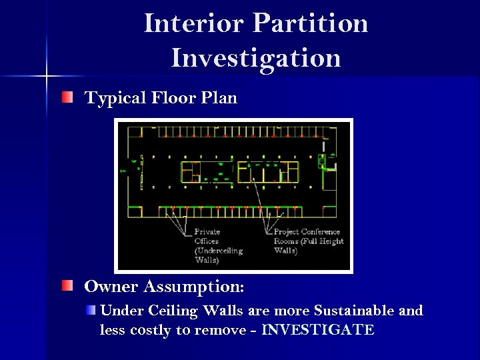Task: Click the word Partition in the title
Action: (x=311, y=23)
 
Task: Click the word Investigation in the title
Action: (x=256, y=57)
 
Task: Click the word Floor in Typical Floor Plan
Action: (x=173, y=98)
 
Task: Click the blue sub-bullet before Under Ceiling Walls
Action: (x=91, y=311)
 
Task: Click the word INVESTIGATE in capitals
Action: (x=318, y=330)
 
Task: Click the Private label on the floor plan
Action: (x=207, y=232)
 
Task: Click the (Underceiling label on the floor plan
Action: (x=218, y=251)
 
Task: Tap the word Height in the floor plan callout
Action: (x=331, y=241)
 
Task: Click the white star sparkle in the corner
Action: (x=46, y=75)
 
